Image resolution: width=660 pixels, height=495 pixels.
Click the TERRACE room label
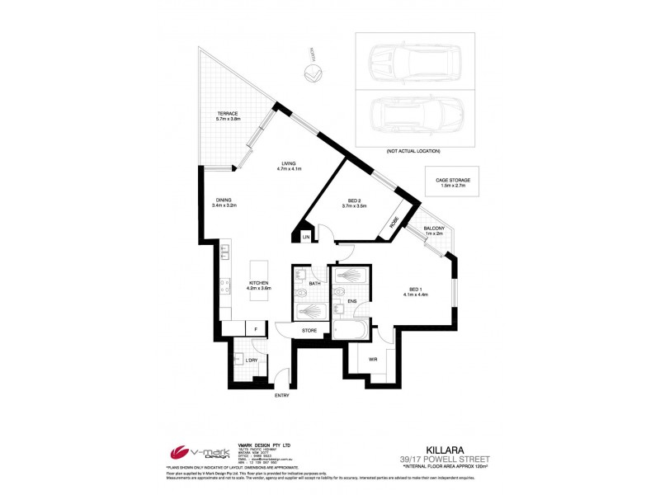click(x=228, y=114)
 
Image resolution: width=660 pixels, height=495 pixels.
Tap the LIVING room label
click(x=288, y=163)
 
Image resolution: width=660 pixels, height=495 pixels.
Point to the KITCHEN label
click(x=260, y=283)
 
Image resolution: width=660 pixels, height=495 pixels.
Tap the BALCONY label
click(x=434, y=228)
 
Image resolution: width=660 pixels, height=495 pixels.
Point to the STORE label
click(x=309, y=330)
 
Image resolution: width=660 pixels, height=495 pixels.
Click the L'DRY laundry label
click(x=250, y=361)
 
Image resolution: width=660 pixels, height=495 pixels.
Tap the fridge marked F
click(x=257, y=330)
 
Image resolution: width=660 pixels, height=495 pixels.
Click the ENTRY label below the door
click(x=282, y=396)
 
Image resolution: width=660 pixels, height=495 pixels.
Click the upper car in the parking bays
click(x=405, y=60)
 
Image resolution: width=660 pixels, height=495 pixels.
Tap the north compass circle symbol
click(x=313, y=75)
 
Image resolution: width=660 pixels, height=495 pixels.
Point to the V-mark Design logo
click(x=195, y=452)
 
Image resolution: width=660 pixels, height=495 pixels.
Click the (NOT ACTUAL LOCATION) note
click(x=412, y=151)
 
